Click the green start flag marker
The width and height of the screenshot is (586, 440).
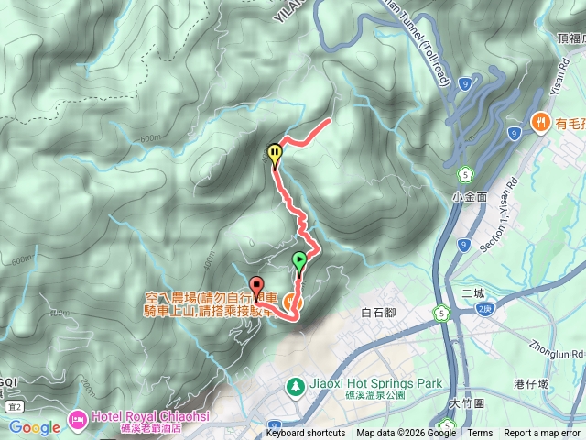299,261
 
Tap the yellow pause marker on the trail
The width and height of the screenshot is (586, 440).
274,153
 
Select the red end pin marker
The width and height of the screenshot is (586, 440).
255,285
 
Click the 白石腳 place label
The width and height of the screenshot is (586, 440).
377,313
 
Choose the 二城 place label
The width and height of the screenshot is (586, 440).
473,293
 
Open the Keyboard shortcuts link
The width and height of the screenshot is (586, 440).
306,434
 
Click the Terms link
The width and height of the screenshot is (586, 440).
480,434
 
